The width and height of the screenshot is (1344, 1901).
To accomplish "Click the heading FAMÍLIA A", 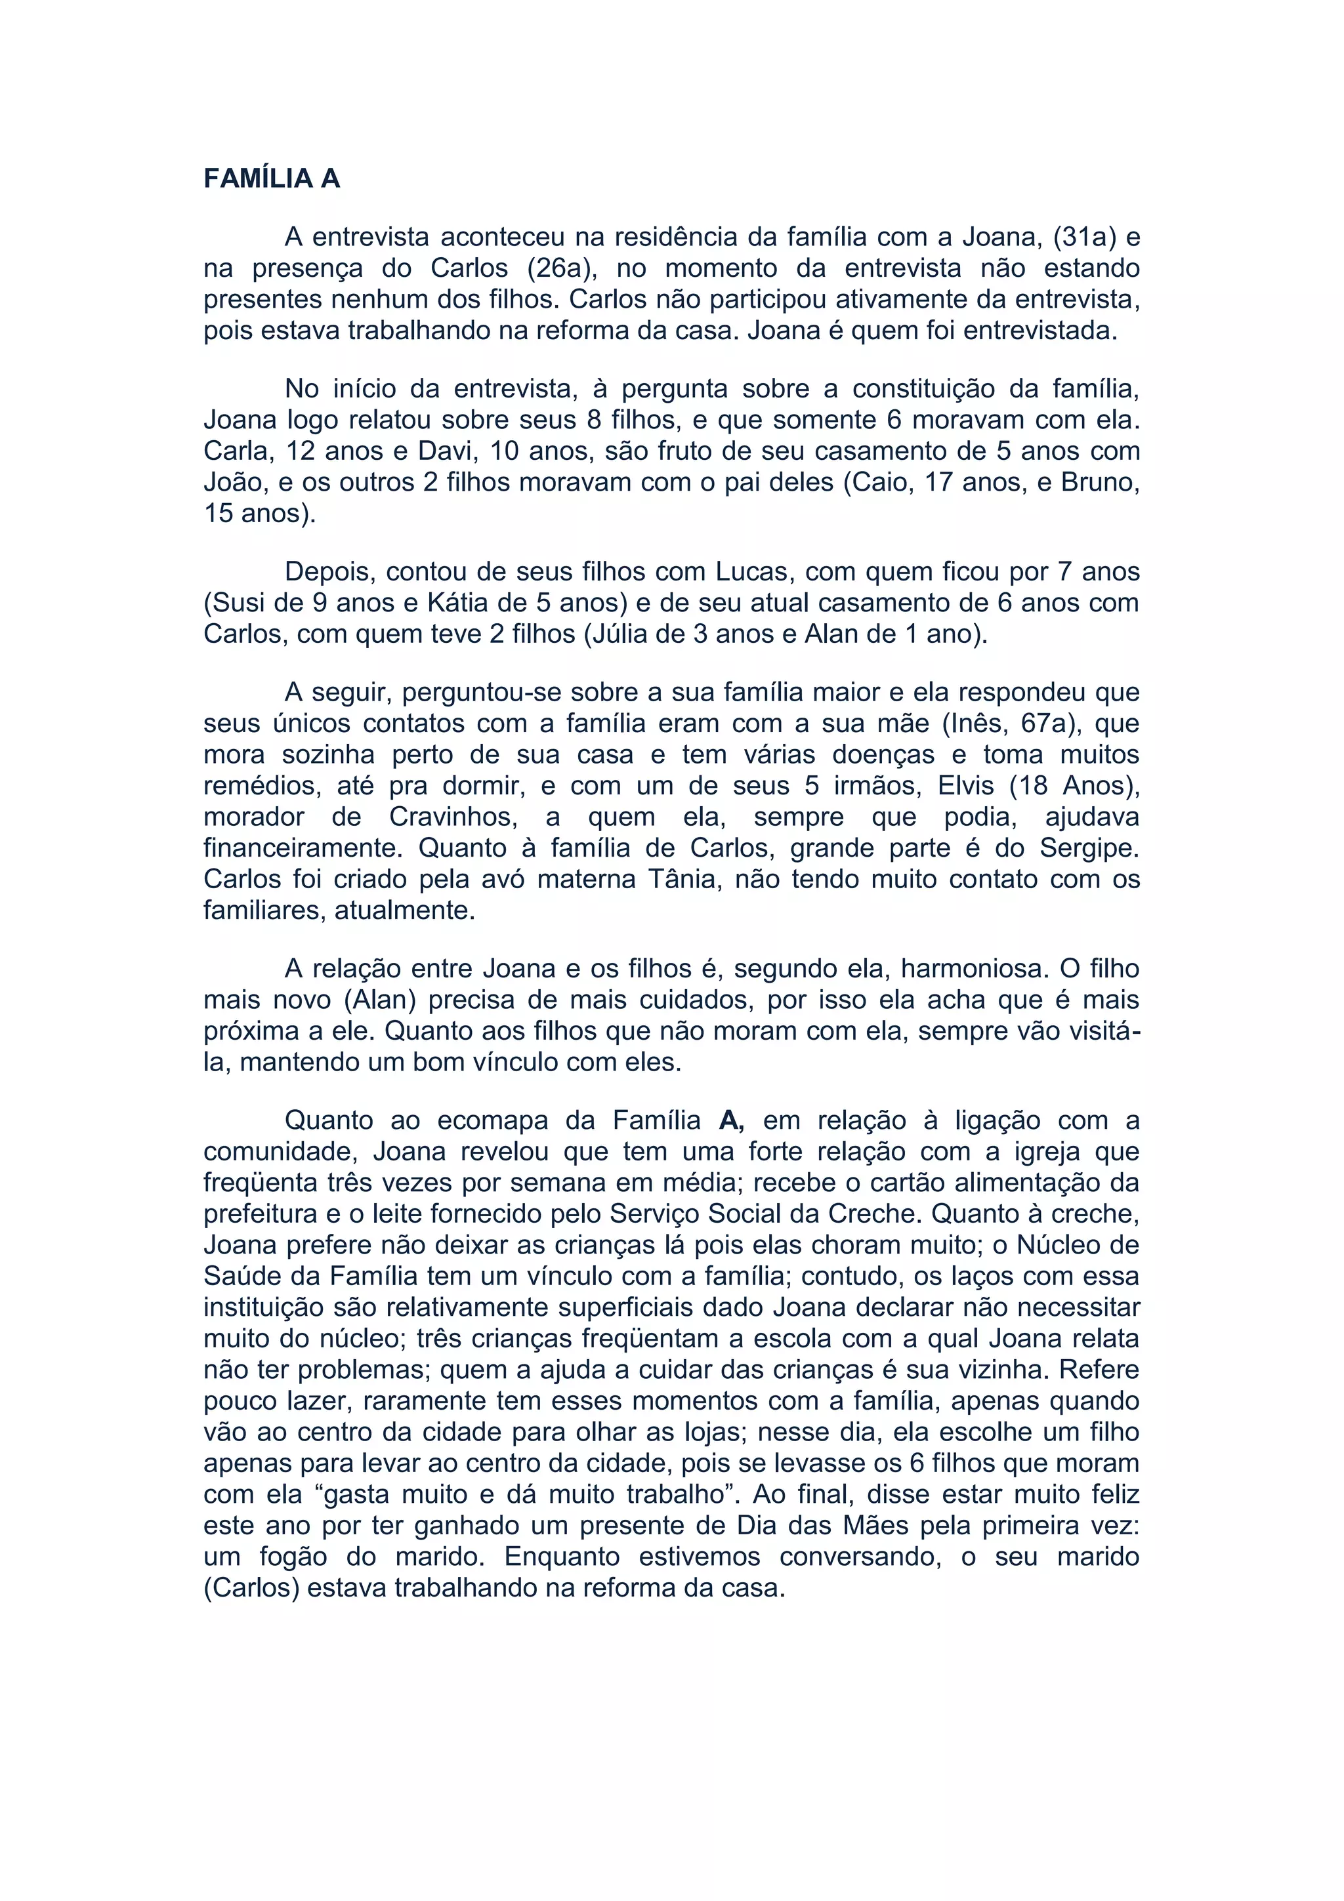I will point(272,179).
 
